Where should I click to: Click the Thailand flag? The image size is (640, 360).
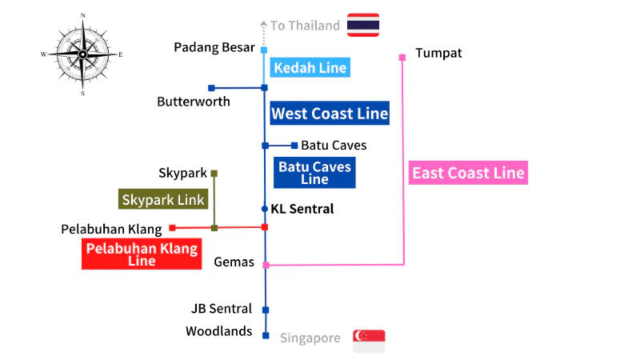tap(363, 25)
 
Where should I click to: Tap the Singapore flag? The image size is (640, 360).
tap(369, 342)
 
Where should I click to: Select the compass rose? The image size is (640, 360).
tap(82, 54)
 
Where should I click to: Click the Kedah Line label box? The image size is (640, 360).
tap(310, 67)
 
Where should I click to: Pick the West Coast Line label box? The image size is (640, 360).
tap(330, 113)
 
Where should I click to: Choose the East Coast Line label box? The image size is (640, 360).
tap(468, 173)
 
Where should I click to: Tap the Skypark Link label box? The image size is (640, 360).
tap(163, 199)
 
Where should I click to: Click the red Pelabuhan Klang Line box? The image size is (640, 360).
tap(142, 254)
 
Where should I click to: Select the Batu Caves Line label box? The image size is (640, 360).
tap(314, 173)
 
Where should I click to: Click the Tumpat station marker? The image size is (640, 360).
tap(402, 57)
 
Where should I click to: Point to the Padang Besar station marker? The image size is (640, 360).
tap(264, 50)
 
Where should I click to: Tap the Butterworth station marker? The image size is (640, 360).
tap(211, 88)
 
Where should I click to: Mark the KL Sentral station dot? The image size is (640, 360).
tap(265, 209)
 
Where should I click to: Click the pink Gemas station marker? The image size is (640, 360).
tap(266, 266)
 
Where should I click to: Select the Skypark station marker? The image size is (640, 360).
tap(214, 174)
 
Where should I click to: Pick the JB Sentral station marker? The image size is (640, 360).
tap(266, 310)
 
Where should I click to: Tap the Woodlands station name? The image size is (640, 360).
tap(218, 331)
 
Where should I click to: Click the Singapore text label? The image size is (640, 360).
tap(310, 338)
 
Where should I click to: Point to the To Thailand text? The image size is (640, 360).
tap(305, 26)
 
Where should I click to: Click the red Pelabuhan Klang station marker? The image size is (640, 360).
tap(173, 228)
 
